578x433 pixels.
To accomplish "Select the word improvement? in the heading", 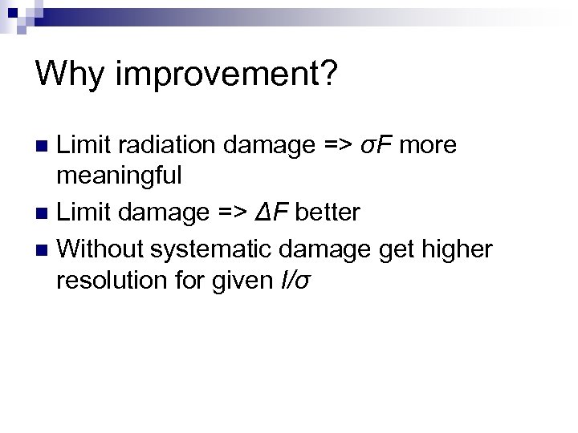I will [227, 76].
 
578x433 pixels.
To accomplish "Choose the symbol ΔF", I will [282, 212].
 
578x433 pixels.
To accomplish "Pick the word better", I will [331, 212].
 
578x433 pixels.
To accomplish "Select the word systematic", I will [196, 250].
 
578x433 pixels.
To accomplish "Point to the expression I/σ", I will [286, 280].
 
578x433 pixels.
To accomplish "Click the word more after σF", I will [428, 145].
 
